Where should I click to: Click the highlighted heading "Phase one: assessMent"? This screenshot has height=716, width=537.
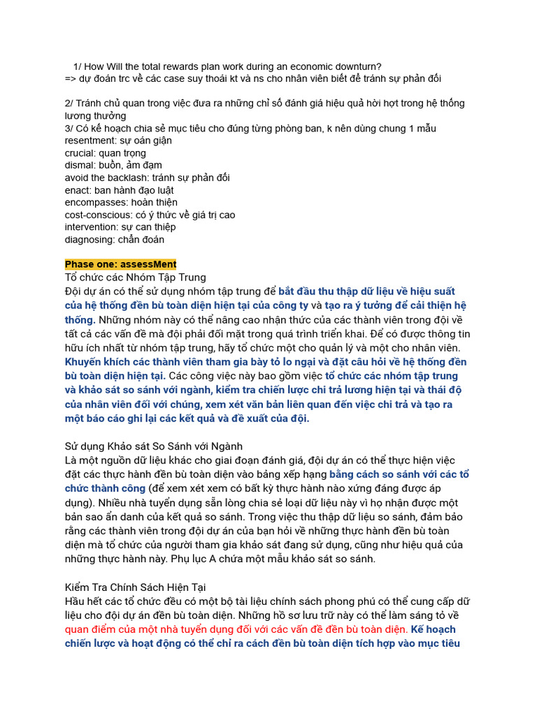click(120, 264)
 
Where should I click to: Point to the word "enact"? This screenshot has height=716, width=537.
click(78, 190)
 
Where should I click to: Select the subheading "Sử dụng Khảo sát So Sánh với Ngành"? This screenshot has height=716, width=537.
click(153, 446)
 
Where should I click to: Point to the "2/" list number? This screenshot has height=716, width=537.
click(69, 103)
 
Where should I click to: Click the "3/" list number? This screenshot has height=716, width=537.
click(69, 129)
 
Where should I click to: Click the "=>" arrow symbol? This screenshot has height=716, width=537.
click(71, 79)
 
